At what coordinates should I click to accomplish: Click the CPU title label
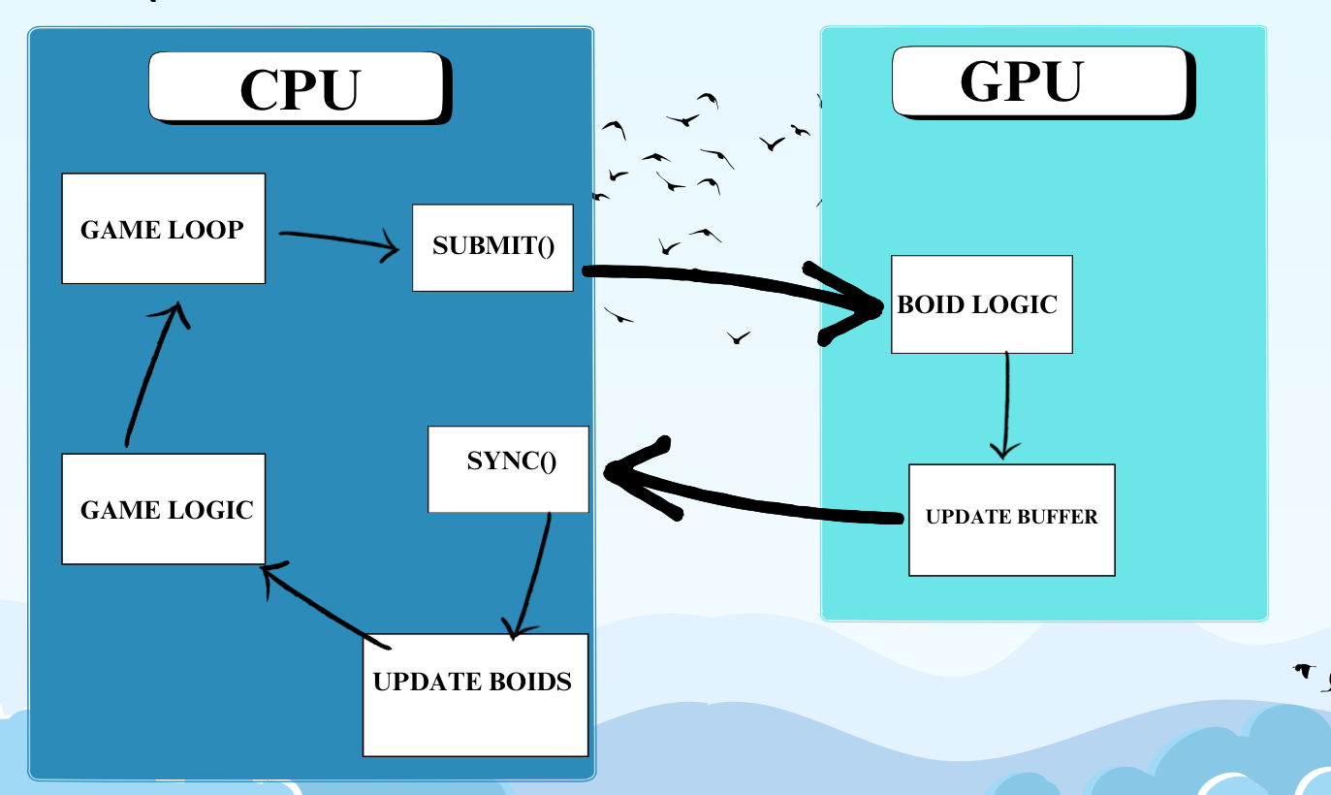[x=299, y=88]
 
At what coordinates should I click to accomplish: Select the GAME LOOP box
[x=163, y=229]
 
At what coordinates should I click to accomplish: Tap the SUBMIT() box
[x=492, y=246]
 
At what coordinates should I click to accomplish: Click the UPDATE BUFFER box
[x=1011, y=520]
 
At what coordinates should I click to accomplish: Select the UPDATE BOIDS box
[x=475, y=694]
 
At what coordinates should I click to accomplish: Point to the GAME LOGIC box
[x=163, y=509]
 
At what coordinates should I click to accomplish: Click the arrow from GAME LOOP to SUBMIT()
[x=339, y=239]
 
